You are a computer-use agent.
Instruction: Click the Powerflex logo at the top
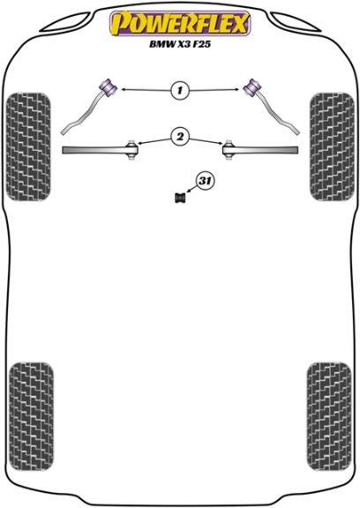(180, 23)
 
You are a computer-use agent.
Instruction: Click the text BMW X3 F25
(180, 44)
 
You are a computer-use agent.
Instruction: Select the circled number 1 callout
(180, 89)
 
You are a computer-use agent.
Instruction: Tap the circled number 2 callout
(180, 136)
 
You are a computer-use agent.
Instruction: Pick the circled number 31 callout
(205, 181)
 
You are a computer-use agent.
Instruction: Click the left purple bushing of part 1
(108, 86)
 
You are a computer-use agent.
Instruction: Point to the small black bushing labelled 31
(180, 198)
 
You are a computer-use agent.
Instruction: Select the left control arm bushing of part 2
(131, 150)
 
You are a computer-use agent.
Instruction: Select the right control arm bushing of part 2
(229, 150)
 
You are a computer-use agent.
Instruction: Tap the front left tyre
(28, 146)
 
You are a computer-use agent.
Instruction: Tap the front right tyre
(332, 146)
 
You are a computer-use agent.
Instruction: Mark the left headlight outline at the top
(64, 23)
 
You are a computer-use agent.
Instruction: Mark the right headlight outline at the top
(296, 23)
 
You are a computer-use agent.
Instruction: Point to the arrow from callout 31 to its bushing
(191, 190)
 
